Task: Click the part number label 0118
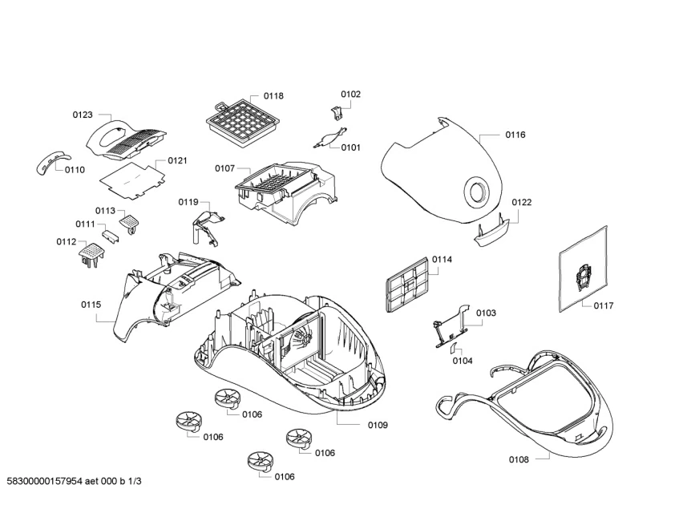click(273, 96)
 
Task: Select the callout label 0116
click(515, 135)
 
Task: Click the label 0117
click(604, 305)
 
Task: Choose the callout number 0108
click(519, 459)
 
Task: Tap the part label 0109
click(378, 424)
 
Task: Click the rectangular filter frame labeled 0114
click(408, 285)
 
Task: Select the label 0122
click(522, 203)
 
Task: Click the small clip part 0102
click(335, 113)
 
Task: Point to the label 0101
click(350, 147)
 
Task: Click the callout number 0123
click(83, 115)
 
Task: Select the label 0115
click(91, 305)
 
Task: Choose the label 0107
click(224, 168)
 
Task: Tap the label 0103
click(486, 313)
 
